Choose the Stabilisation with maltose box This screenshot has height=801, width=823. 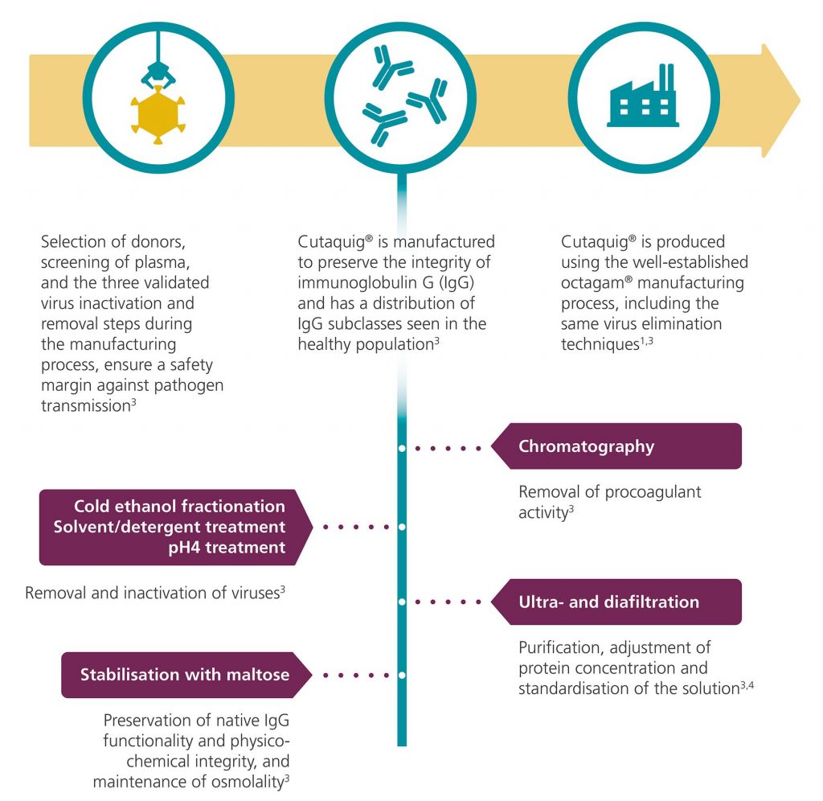tap(186, 675)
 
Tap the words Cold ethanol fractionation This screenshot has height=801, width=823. tap(179, 507)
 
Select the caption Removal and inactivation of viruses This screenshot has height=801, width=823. tap(156, 594)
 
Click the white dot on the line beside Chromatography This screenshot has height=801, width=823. tap(402, 447)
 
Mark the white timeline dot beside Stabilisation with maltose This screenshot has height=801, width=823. tap(402, 676)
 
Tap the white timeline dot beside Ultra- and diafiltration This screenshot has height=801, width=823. tap(402, 602)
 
